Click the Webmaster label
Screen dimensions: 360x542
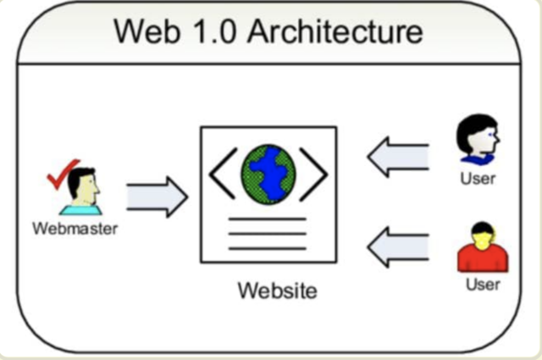click(x=75, y=228)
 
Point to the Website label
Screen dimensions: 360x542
click(x=277, y=291)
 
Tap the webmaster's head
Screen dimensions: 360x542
click(x=83, y=183)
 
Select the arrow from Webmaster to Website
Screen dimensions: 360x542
click(x=157, y=197)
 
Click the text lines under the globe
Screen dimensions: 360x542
click(x=268, y=234)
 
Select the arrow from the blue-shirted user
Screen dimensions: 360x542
click(x=398, y=157)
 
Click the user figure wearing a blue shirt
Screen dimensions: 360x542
click(x=478, y=141)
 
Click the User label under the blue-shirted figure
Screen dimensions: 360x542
click(x=478, y=179)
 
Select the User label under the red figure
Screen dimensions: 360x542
click(x=483, y=284)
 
